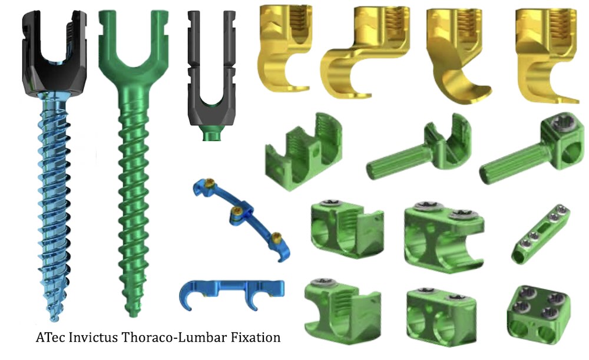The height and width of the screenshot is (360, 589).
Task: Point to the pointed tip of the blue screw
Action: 54,319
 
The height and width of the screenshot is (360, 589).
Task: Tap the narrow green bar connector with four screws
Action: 540,235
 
